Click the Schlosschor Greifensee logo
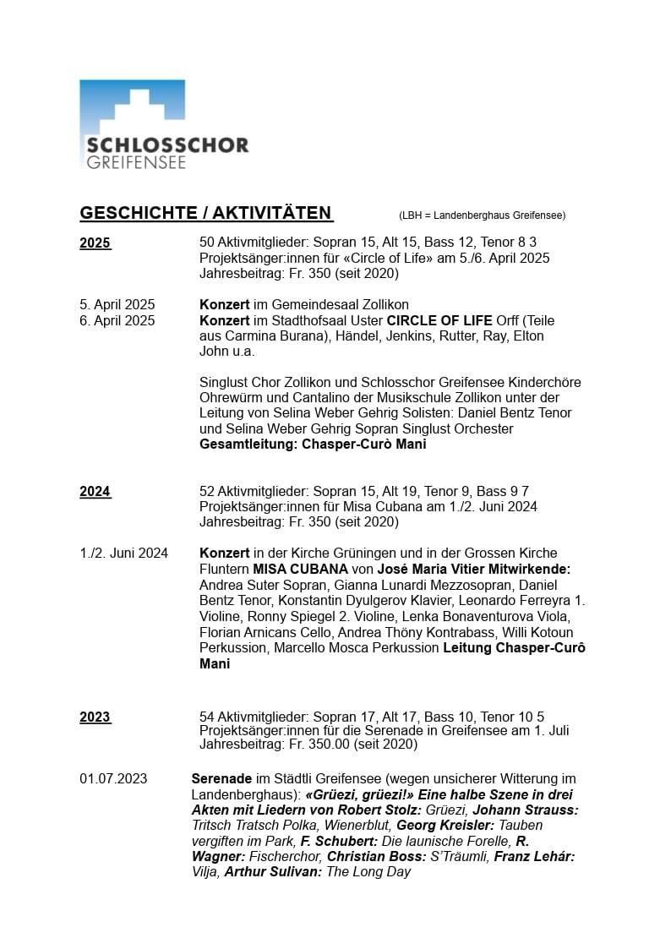pyautogui.click(x=164, y=125)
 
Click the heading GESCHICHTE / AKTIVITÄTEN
pyautogui.click(x=205, y=212)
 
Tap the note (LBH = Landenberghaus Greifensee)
pyautogui.click(x=483, y=215)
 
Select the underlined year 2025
pyautogui.click(x=95, y=243)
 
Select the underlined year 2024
pyautogui.click(x=95, y=492)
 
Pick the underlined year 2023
pyautogui.click(x=95, y=717)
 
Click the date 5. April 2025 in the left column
pyautogui.click(x=117, y=305)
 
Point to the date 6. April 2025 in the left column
pyautogui.click(x=117, y=320)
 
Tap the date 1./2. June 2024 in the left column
pyautogui.click(x=124, y=554)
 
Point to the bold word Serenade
pyautogui.click(x=221, y=779)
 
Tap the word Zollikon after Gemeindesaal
pyautogui.click(x=381, y=305)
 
